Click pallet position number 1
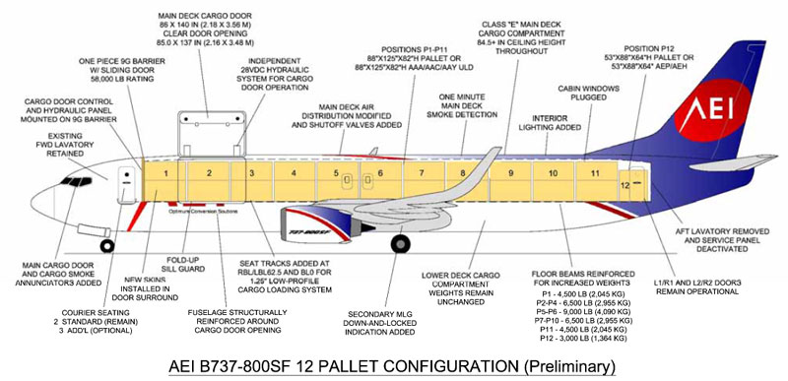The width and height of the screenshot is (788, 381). coord(166,175)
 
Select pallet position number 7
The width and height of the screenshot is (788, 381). coord(420,174)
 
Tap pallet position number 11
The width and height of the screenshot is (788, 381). coord(594,173)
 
